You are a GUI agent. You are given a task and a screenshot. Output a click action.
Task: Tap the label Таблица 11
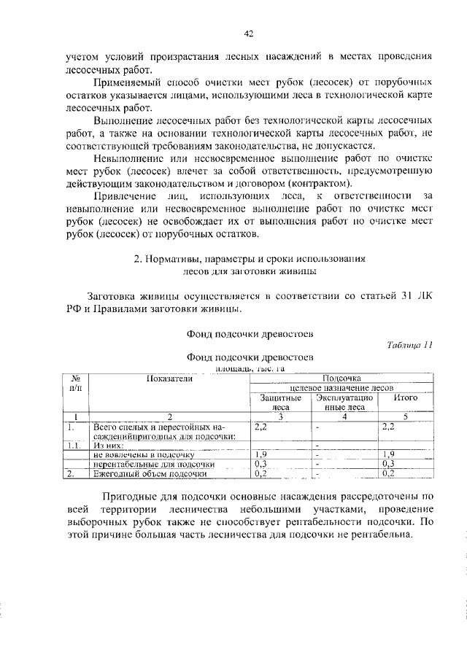(409, 346)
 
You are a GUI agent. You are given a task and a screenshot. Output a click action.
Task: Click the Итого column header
(405, 398)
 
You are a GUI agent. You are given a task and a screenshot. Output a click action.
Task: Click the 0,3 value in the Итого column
(389, 463)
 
